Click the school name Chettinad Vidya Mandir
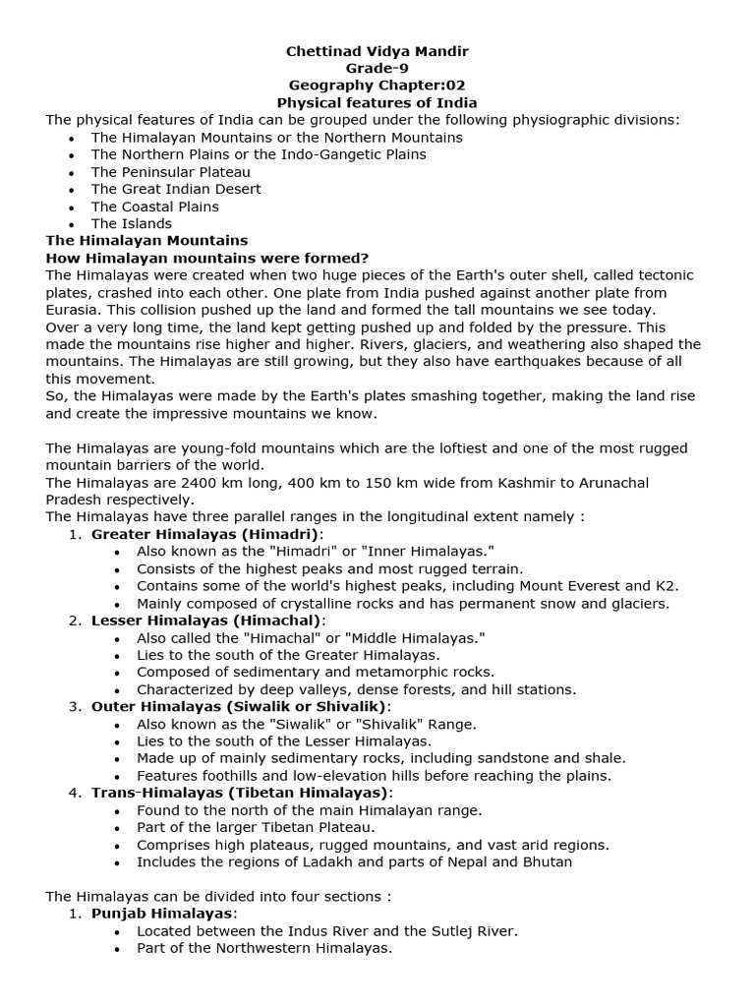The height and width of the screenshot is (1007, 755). pyautogui.click(x=377, y=50)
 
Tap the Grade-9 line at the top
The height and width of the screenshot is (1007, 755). pyautogui.click(x=377, y=68)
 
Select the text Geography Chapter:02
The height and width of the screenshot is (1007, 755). pyautogui.click(x=377, y=86)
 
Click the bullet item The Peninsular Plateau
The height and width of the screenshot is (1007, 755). pyautogui.click(x=171, y=171)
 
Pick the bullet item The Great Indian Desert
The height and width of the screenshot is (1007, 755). pyautogui.click(x=176, y=189)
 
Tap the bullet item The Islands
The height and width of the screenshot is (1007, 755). pyautogui.click(x=132, y=223)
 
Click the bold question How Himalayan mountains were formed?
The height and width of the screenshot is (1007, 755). pyautogui.click(x=207, y=258)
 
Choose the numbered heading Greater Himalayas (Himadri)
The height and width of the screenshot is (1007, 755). pyautogui.click(x=205, y=534)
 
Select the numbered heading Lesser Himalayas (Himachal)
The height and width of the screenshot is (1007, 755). pyautogui.click(x=206, y=621)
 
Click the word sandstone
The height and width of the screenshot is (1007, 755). pyautogui.click(x=506, y=758)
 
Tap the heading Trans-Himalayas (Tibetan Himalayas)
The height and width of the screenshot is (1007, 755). pyautogui.click(x=242, y=793)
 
